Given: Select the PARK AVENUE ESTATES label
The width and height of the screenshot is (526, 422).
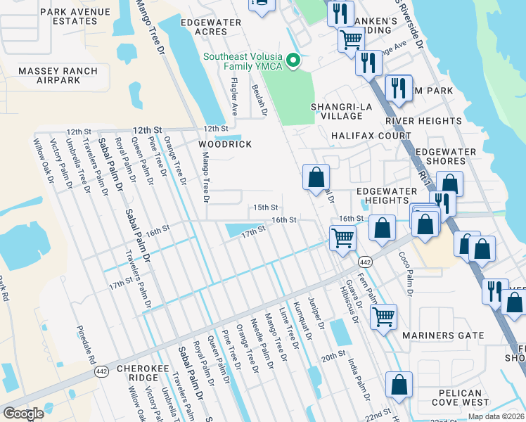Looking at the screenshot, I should [x=75, y=16].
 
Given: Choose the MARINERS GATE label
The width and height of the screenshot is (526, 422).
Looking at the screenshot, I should [x=443, y=335].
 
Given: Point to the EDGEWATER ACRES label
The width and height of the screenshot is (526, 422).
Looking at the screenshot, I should [x=214, y=27].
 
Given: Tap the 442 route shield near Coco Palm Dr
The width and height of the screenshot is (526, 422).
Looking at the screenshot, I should [x=364, y=262].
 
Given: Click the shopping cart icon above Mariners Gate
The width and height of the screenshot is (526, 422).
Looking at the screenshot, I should [x=383, y=316].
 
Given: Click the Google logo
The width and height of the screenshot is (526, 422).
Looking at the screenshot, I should [x=23, y=414].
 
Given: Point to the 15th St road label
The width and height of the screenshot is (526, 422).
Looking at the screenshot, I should [x=266, y=207].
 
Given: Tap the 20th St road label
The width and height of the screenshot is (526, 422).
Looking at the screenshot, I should [x=334, y=357].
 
